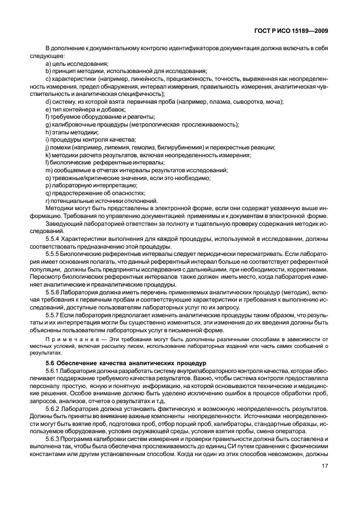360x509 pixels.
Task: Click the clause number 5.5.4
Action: click(53, 239)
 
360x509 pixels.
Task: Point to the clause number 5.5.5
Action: click(53, 254)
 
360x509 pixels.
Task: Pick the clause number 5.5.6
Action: click(53, 292)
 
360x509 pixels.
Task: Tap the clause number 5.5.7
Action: click(53, 315)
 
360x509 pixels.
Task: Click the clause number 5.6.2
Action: click(53, 409)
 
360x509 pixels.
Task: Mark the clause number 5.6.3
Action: click(53, 439)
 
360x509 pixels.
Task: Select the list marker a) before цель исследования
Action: click(48, 63)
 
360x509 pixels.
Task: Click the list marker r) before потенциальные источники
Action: click(47, 201)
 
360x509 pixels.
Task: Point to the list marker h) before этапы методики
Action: click(48, 132)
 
